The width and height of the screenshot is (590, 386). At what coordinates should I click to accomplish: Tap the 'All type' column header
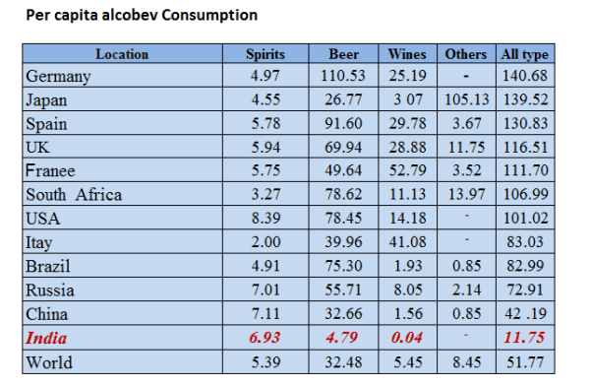click(x=525, y=54)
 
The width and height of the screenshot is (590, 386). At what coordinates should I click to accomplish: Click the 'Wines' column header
click(x=407, y=54)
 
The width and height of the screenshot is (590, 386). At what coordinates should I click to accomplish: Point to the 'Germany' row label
click(x=59, y=76)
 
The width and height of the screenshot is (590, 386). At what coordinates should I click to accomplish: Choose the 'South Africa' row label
click(x=75, y=195)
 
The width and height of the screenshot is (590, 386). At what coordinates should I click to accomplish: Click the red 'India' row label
click(x=47, y=338)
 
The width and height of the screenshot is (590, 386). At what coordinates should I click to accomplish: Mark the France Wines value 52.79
click(x=407, y=170)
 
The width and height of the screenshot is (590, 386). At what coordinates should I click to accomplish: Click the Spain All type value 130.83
click(x=525, y=123)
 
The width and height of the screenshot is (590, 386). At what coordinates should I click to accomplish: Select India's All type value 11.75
click(x=525, y=338)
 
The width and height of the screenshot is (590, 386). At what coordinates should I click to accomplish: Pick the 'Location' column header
click(x=122, y=54)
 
